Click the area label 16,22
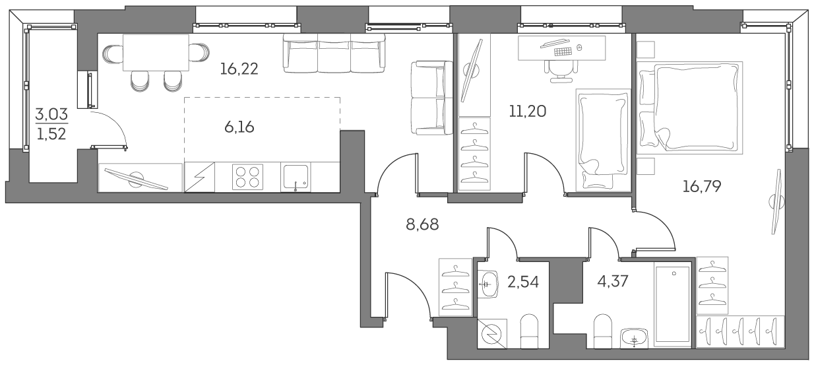pyautogui.click(x=240, y=67)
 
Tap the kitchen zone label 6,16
pyautogui.click(x=239, y=127)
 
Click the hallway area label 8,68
pyautogui.click(x=422, y=224)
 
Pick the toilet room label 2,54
pyautogui.click(x=523, y=282)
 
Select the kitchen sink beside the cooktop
pyautogui.click(x=296, y=178)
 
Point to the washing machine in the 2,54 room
pyautogui.click(x=492, y=334)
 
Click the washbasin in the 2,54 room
pyautogui.click(x=489, y=284)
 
